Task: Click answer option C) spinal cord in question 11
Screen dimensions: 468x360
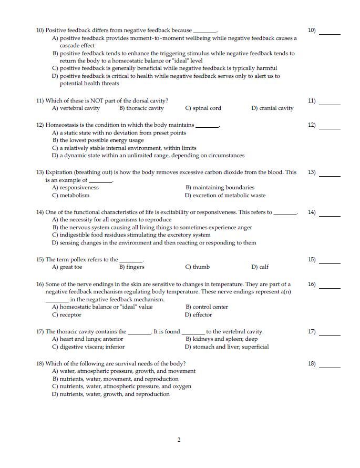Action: (x=203, y=108)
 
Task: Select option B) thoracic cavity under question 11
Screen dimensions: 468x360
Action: (x=141, y=108)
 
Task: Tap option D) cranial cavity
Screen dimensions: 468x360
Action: (x=272, y=108)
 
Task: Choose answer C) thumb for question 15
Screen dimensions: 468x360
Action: (x=198, y=267)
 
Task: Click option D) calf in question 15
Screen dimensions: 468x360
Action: (x=260, y=267)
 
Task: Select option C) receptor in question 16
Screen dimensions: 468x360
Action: (x=67, y=315)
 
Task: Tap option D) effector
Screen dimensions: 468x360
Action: (x=198, y=315)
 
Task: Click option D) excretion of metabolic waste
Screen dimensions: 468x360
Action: (x=225, y=196)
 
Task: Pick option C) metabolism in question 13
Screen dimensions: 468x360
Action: (x=71, y=196)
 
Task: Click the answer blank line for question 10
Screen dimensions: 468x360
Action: (x=330, y=34)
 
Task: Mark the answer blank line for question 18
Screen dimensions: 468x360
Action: (x=330, y=367)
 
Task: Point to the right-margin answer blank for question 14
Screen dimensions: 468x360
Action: (x=330, y=216)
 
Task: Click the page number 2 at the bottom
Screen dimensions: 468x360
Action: (x=179, y=440)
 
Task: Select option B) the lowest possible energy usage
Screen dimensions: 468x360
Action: (x=98, y=140)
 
